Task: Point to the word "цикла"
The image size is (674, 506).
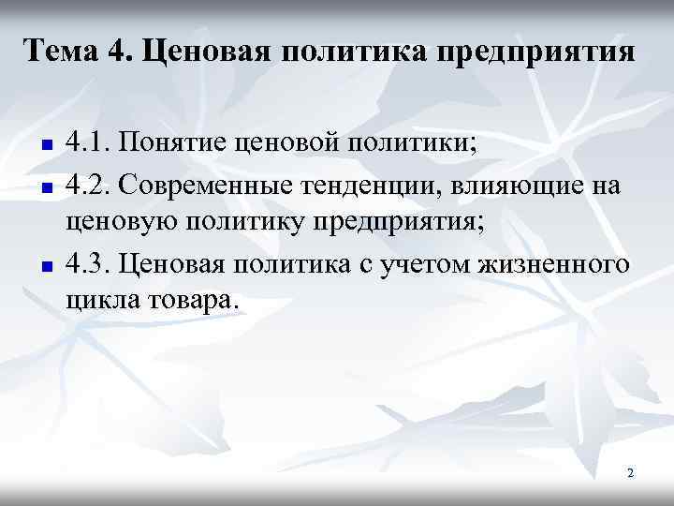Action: [98, 303]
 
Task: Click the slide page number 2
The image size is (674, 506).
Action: [630, 474]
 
